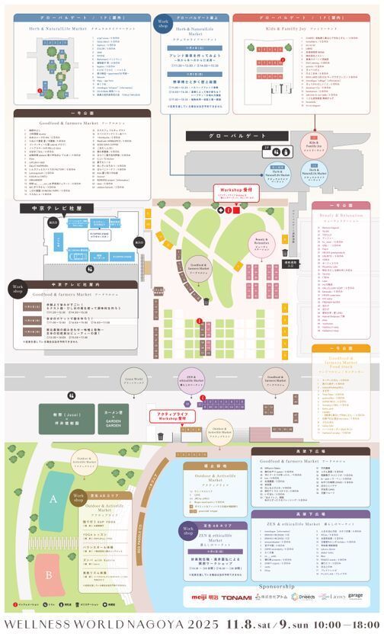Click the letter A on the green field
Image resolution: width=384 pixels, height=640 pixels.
[53, 498]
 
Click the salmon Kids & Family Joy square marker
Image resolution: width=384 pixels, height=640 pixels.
[314, 141]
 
